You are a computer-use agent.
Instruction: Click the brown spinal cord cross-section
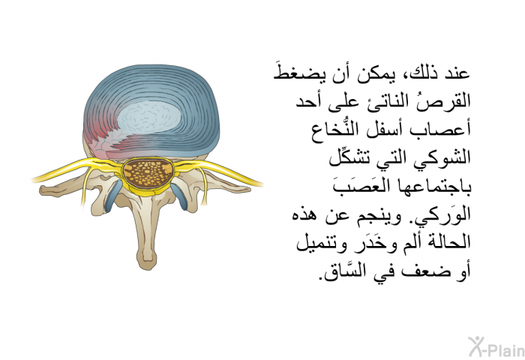point(147,173)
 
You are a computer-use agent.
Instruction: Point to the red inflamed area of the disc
point(97,137)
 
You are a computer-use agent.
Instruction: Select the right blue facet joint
point(180,196)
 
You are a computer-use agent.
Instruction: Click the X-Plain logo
point(496,347)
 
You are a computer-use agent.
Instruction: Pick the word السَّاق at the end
point(344,271)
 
